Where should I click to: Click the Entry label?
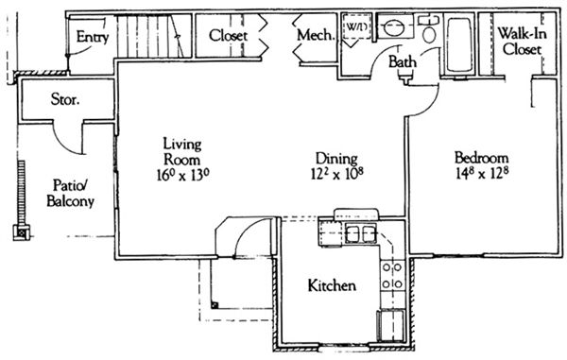(x=93, y=37)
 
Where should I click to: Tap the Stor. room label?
(x=65, y=99)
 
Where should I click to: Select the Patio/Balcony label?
(x=71, y=194)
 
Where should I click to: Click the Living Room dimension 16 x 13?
(x=183, y=176)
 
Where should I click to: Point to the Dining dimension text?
(x=337, y=174)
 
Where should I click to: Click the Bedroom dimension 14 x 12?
(x=482, y=174)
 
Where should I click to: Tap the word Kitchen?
(x=332, y=285)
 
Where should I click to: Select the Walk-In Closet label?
(x=522, y=42)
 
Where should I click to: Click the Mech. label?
(x=316, y=35)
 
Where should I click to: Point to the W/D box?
(x=356, y=26)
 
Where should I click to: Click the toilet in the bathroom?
(x=429, y=29)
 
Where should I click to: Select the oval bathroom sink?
(x=394, y=27)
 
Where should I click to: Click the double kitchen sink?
(x=361, y=233)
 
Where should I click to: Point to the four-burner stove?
(x=392, y=275)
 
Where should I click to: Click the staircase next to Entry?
(x=154, y=36)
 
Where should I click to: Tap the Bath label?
(x=403, y=61)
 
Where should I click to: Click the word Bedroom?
(x=481, y=158)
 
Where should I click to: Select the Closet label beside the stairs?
(x=228, y=35)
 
